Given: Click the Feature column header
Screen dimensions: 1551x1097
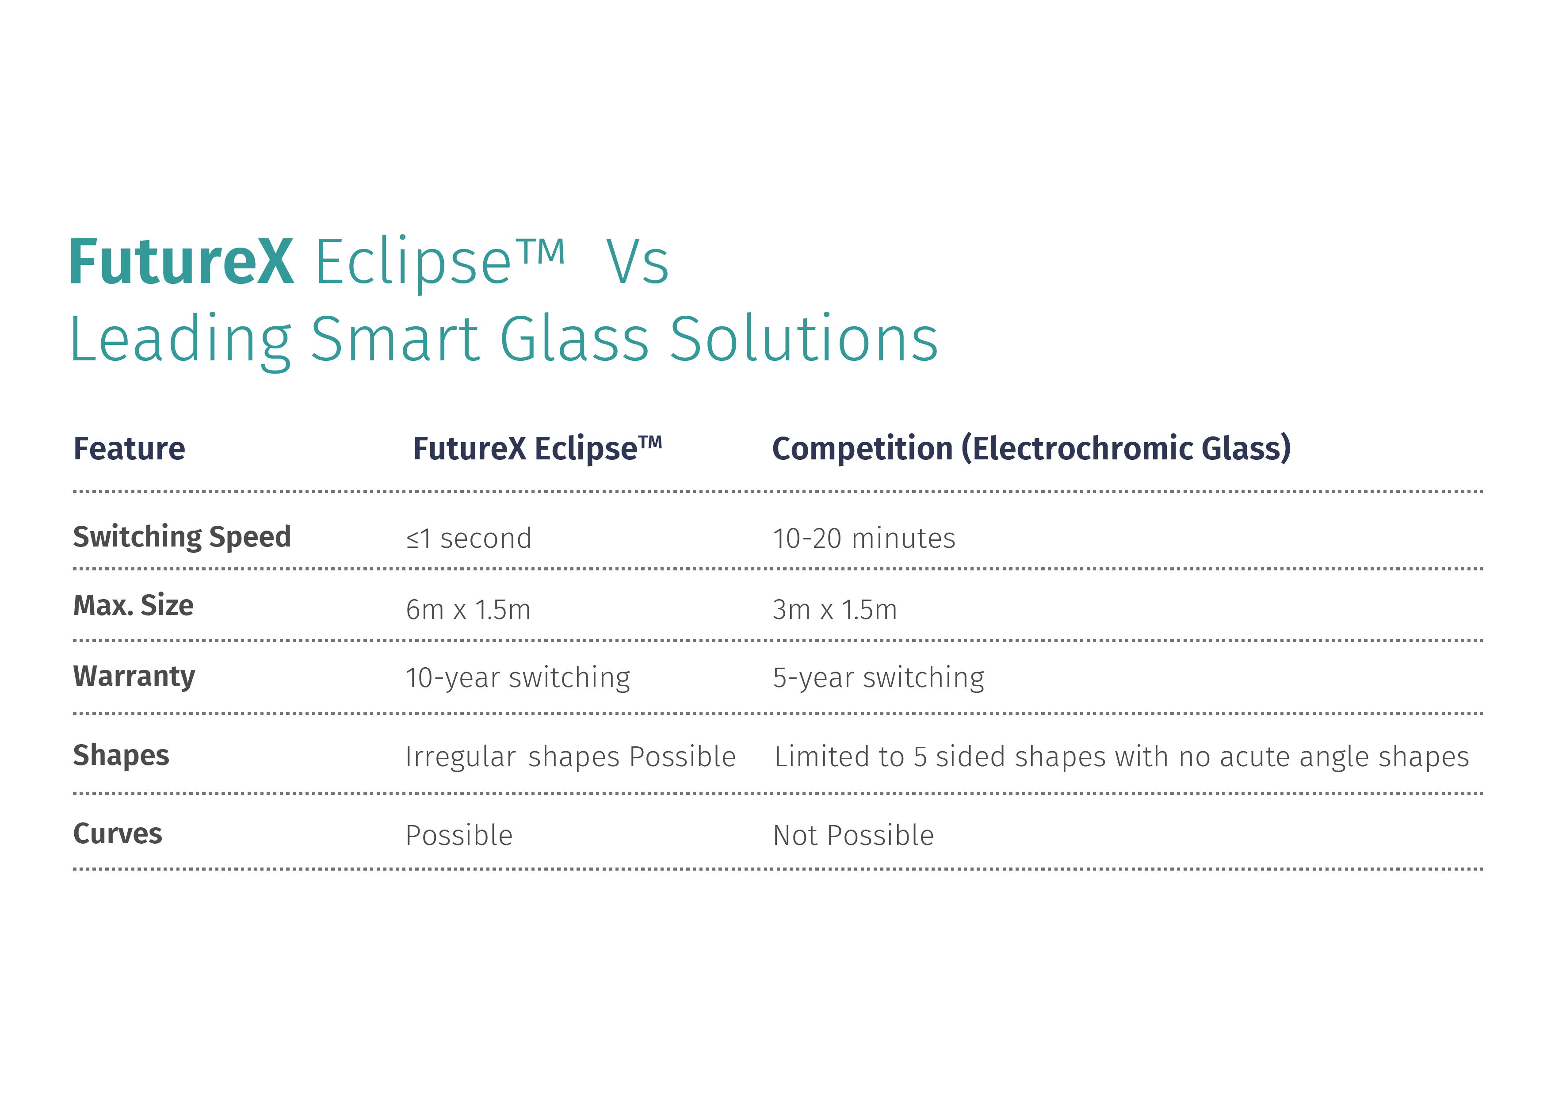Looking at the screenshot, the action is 129,448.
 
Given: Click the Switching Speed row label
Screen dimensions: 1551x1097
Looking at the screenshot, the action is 182,538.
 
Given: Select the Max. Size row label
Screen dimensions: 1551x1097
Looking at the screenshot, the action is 133,605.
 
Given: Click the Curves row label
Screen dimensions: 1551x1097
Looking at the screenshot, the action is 118,833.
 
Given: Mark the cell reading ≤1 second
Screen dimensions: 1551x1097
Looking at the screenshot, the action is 469,539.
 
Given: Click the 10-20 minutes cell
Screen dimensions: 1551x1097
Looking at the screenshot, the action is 864,539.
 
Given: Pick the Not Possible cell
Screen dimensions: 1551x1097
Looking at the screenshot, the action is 853,836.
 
